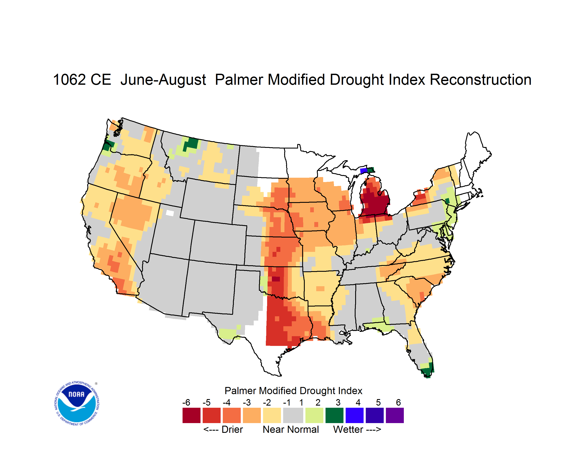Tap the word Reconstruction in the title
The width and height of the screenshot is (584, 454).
[x=480, y=80]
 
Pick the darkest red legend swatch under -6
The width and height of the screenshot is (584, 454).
[x=191, y=415]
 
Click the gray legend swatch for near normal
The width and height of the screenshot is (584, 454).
[x=293, y=415]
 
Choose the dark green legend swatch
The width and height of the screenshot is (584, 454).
[x=334, y=415]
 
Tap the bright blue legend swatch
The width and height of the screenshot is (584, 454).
[x=355, y=415]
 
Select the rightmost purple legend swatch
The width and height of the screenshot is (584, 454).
[x=395, y=415]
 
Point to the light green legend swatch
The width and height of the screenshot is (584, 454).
[x=314, y=415]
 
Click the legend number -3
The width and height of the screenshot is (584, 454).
[x=247, y=402]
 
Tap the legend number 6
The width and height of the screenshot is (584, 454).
[x=398, y=402]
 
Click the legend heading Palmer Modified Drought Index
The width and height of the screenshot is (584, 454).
[x=293, y=391]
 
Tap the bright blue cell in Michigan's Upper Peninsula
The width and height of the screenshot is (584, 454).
[x=364, y=171]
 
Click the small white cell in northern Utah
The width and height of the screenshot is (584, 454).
[x=170, y=213]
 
